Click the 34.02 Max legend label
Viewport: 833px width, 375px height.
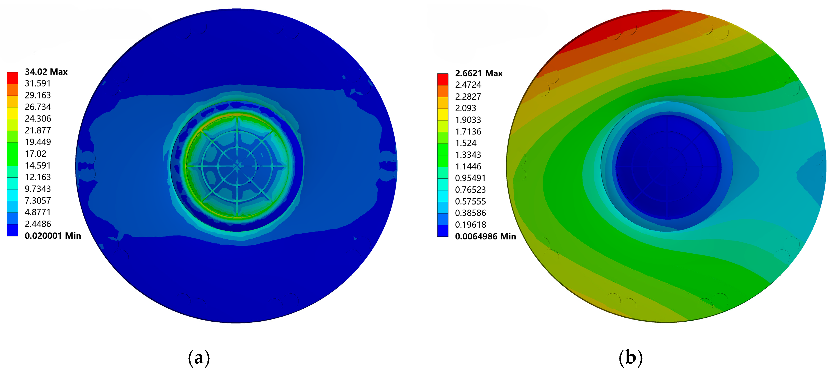point(46,72)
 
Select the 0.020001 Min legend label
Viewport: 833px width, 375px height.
point(53,235)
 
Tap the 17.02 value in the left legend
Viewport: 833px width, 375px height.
point(36,154)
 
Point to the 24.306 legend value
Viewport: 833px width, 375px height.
point(38,118)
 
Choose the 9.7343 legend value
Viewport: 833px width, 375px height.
point(38,189)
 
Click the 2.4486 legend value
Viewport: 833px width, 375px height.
point(38,224)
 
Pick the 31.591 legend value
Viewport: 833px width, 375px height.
point(38,83)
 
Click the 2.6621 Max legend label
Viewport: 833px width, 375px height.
point(479,73)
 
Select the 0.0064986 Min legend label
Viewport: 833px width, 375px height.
point(485,237)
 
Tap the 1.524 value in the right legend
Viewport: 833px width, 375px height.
point(466,143)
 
